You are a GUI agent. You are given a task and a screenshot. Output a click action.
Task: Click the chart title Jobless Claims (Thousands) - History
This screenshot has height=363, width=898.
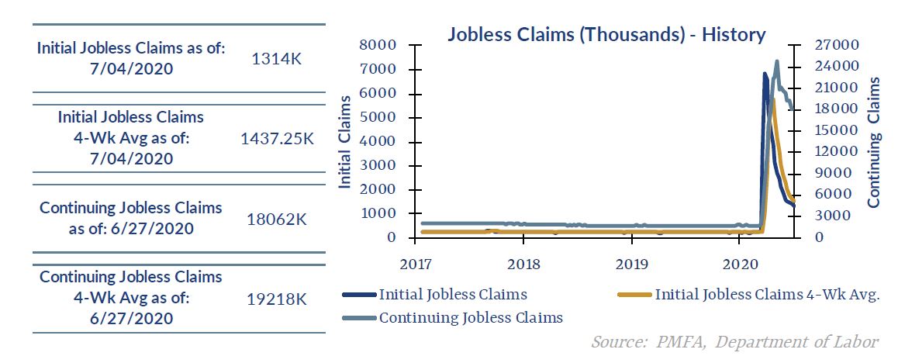click(x=606, y=35)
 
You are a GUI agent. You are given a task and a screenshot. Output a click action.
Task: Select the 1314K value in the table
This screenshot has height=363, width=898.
click(x=276, y=59)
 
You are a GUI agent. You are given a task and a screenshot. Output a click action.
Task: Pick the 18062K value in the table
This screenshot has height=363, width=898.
click(x=276, y=219)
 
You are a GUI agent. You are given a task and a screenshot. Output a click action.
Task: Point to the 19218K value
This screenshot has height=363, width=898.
click(x=276, y=298)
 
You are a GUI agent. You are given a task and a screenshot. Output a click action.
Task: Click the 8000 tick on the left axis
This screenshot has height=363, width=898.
click(x=382, y=46)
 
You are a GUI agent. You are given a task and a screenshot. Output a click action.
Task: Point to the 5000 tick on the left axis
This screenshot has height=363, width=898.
click(x=382, y=118)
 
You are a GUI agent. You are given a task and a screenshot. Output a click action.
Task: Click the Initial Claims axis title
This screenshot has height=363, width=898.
click(x=346, y=142)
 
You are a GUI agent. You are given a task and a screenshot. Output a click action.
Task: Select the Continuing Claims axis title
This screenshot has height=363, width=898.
click(x=874, y=142)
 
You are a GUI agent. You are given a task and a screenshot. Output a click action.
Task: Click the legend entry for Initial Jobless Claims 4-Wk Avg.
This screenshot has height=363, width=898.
click(x=766, y=295)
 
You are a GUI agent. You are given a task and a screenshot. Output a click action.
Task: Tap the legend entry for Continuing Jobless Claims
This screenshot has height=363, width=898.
click(x=471, y=317)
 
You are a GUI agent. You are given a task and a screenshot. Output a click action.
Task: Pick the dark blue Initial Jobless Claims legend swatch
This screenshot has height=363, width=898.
click(x=358, y=296)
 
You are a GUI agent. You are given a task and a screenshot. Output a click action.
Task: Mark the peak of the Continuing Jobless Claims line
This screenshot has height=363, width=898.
click(x=777, y=61)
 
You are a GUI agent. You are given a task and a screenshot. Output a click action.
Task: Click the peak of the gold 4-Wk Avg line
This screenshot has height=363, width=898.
click(x=773, y=99)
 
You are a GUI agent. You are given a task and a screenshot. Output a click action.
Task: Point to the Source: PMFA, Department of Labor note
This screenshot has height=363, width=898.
click(x=734, y=341)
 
